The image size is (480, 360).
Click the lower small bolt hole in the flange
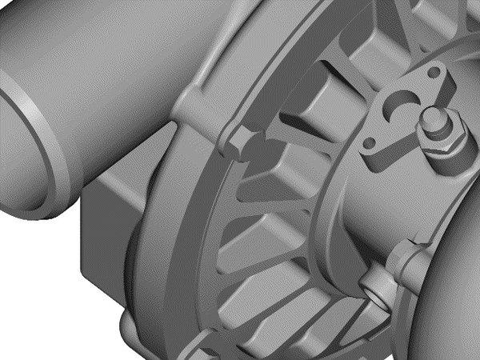coord(370,146)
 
